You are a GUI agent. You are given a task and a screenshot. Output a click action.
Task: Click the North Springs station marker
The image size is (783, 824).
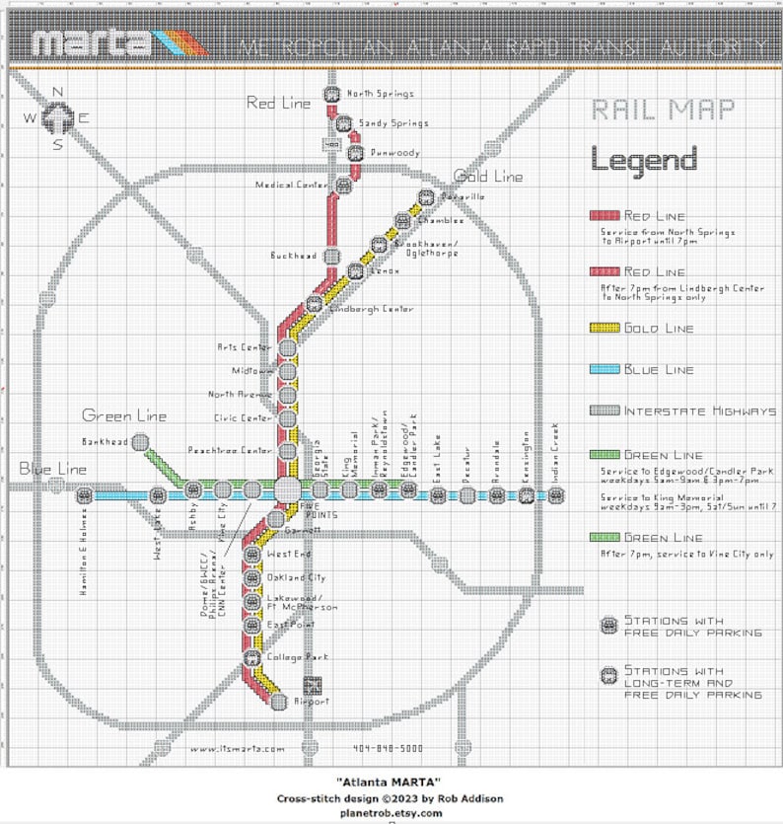[x=331, y=95]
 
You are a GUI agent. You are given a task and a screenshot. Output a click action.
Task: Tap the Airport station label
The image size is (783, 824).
[x=312, y=702]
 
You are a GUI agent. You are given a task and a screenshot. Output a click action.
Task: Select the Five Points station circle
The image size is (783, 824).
[x=287, y=489]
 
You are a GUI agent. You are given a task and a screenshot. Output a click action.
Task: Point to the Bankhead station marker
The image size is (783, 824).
[x=140, y=442]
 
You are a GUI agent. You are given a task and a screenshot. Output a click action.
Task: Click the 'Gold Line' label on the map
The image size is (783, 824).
[x=488, y=177]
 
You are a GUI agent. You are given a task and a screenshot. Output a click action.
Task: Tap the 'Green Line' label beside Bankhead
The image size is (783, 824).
[x=124, y=415]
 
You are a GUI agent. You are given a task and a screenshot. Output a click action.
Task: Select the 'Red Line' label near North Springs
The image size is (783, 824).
[x=278, y=102]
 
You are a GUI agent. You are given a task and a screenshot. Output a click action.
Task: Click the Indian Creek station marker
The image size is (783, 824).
[x=556, y=495]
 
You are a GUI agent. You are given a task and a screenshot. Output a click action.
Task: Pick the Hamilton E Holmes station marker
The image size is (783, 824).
[x=85, y=495]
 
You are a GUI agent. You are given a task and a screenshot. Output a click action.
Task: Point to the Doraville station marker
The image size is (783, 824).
[x=426, y=197]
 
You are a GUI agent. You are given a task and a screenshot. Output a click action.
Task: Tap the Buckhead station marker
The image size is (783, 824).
[x=331, y=256]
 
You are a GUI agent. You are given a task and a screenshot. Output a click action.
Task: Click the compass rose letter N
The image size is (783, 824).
[x=57, y=93]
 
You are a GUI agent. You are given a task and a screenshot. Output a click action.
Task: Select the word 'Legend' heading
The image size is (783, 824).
[x=643, y=159]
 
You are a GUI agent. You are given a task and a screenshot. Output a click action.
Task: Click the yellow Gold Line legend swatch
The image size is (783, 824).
[x=604, y=328]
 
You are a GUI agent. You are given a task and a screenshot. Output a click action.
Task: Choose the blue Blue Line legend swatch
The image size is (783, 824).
[x=604, y=370]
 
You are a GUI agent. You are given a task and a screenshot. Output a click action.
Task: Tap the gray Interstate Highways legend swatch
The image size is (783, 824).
[x=604, y=411]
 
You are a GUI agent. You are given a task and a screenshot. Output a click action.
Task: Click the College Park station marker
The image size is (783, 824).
[x=251, y=656]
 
